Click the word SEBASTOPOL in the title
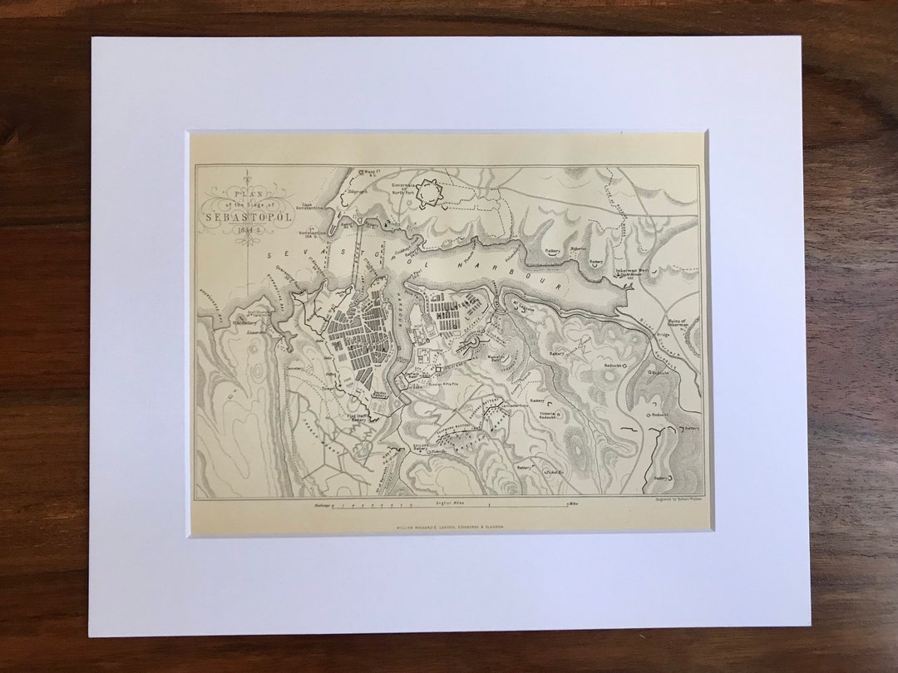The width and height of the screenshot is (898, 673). pyautogui.click(x=246, y=219)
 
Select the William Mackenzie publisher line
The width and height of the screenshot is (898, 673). pyautogui.click(x=451, y=526)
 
